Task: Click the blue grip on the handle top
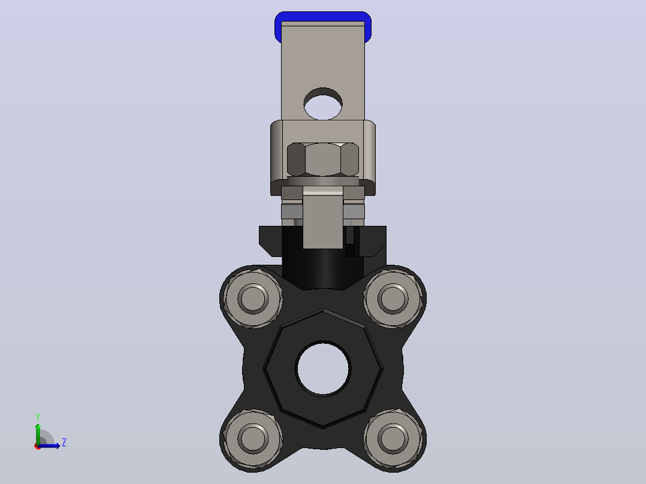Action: (323, 17)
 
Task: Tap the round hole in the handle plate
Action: (323, 104)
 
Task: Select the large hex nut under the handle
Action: (323, 160)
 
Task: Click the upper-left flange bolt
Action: (252, 298)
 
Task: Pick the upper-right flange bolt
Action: (393, 298)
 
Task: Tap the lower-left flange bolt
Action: (252, 438)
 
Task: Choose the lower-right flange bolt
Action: (393, 438)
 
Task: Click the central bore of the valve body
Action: (323, 368)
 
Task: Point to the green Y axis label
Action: (38, 417)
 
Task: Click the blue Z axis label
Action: (64, 443)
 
